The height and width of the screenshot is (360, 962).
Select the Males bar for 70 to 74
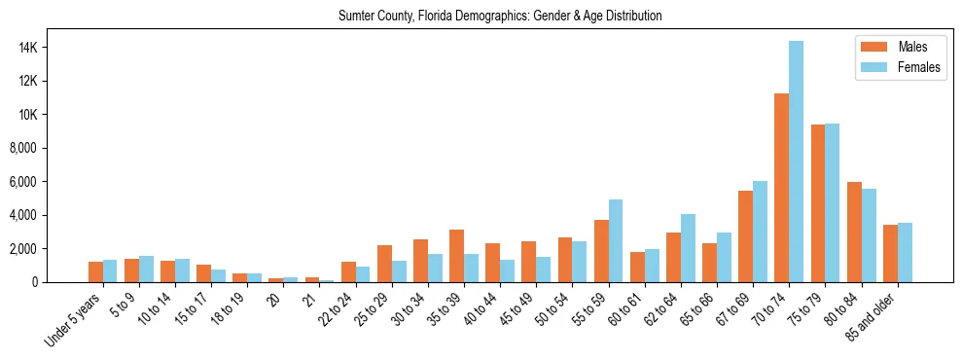[781, 188]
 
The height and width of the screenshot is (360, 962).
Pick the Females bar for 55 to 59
[616, 240]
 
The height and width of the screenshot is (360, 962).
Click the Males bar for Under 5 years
[95, 271]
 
